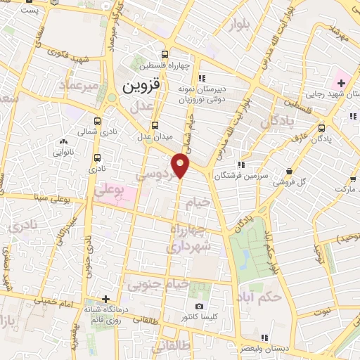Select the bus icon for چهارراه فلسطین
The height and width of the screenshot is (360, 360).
point(165,54)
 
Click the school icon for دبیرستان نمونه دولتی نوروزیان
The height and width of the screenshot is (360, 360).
point(202,78)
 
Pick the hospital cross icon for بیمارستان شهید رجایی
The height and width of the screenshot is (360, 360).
point(341,84)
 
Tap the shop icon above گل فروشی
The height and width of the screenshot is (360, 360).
point(290,171)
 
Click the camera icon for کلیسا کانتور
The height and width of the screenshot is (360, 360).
point(200,306)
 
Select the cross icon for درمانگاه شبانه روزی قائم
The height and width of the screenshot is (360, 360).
point(105,299)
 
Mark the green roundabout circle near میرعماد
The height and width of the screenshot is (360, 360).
point(112,98)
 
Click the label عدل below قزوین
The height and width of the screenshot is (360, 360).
point(143,108)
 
